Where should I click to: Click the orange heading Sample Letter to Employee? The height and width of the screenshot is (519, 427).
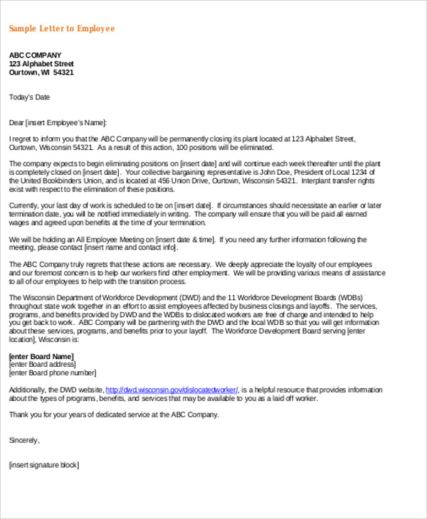[61, 28]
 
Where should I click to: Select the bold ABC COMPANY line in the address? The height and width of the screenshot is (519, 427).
[35, 55]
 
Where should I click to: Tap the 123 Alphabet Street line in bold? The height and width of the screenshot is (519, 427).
[41, 64]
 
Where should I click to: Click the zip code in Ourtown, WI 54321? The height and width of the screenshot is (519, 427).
[63, 73]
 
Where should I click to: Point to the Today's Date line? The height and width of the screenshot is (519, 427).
[29, 97]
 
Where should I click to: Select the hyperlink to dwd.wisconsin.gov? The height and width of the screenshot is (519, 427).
[173, 390]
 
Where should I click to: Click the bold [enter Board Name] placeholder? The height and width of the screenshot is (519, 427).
[41, 356]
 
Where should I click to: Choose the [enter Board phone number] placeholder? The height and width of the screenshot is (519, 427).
[52, 373]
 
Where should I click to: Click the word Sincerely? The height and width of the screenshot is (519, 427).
[24, 440]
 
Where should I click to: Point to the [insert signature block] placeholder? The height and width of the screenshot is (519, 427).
[44, 465]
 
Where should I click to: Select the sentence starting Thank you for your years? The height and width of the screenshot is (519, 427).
[114, 414]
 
